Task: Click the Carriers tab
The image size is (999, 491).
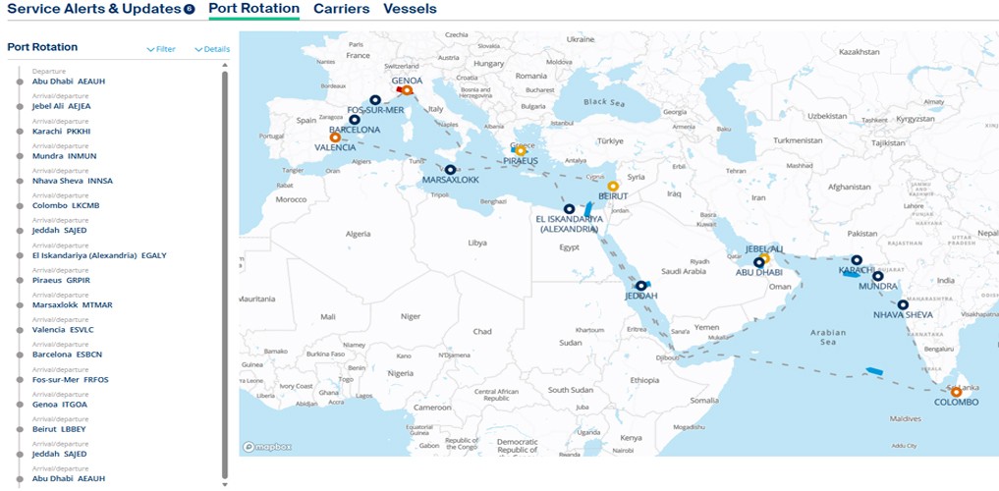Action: [x=341, y=9]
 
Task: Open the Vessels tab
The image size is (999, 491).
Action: [x=410, y=9]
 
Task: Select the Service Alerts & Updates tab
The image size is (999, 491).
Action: [x=94, y=9]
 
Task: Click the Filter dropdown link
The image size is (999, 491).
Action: [x=161, y=49]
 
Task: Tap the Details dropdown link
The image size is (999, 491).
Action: [x=212, y=49]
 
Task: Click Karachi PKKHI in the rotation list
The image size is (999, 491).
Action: [x=62, y=131]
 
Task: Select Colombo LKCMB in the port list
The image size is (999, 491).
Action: [x=66, y=205]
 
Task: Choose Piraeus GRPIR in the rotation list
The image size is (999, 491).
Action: [x=61, y=280]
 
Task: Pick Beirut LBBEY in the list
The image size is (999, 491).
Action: [x=59, y=429]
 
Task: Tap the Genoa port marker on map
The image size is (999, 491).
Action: [x=407, y=90]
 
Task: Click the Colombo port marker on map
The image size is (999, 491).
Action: [x=956, y=392]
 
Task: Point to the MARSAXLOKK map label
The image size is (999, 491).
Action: [x=450, y=181]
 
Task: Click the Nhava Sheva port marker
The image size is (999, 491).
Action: [x=903, y=304]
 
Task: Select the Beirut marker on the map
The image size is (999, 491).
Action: [x=613, y=186]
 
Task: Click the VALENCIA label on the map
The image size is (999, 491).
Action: [x=335, y=148]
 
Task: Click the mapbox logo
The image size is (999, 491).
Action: [x=267, y=447]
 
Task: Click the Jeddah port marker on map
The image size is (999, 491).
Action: [x=640, y=286]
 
